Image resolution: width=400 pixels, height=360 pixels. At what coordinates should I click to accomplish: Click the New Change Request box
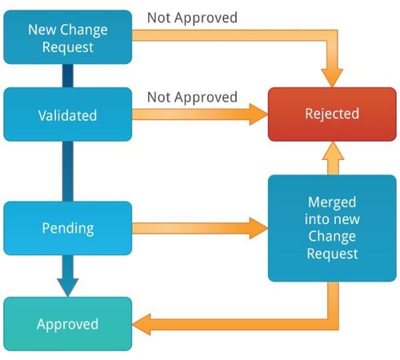[x=67, y=38]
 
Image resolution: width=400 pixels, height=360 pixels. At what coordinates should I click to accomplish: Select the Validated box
[x=67, y=114]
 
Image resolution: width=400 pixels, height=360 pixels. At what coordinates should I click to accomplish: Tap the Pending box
[x=67, y=228]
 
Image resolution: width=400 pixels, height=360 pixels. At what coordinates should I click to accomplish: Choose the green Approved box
[x=67, y=324]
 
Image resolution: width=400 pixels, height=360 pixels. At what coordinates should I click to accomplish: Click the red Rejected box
[x=331, y=114]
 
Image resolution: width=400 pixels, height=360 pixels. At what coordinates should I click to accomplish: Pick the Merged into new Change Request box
[x=331, y=228]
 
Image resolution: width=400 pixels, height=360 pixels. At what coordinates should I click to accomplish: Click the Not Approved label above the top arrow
[x=192, y=17]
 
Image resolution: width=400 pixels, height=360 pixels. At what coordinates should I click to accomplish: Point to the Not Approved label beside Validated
[x=192, y=97]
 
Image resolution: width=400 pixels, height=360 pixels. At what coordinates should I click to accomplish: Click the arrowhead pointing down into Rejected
[x=331, y=76]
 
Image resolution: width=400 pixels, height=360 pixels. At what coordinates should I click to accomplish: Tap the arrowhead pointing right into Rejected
[x=255, y=114]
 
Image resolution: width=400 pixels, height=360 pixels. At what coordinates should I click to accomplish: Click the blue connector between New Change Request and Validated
[x=67, y=76]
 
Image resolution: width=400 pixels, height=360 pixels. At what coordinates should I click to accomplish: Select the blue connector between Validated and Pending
[x=67, y=171]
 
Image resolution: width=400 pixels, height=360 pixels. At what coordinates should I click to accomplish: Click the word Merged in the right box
[x=331, y=202]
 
